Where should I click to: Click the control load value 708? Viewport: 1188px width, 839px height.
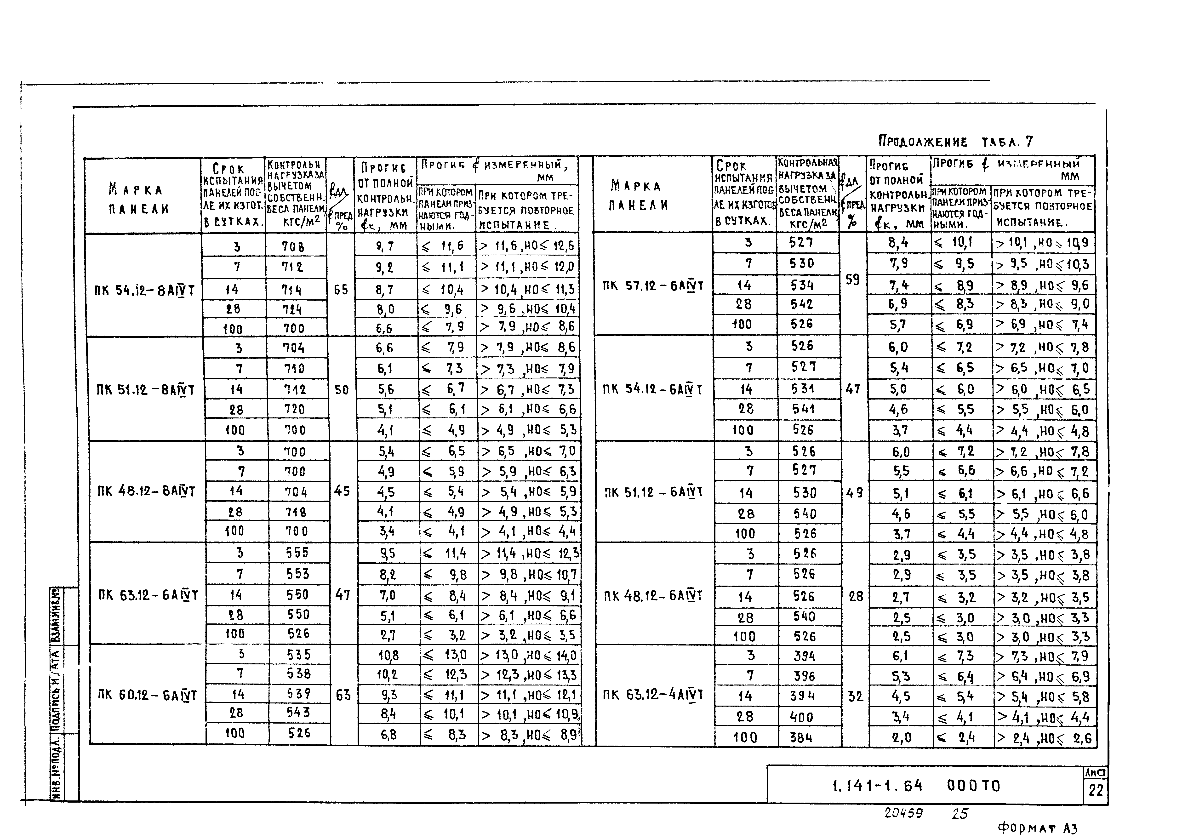pos(293,247)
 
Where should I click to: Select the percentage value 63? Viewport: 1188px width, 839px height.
pos(343,695)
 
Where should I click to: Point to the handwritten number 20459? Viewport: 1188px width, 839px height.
pos(903,813)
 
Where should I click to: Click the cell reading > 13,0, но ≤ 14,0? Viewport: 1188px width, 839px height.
pos(528,655)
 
